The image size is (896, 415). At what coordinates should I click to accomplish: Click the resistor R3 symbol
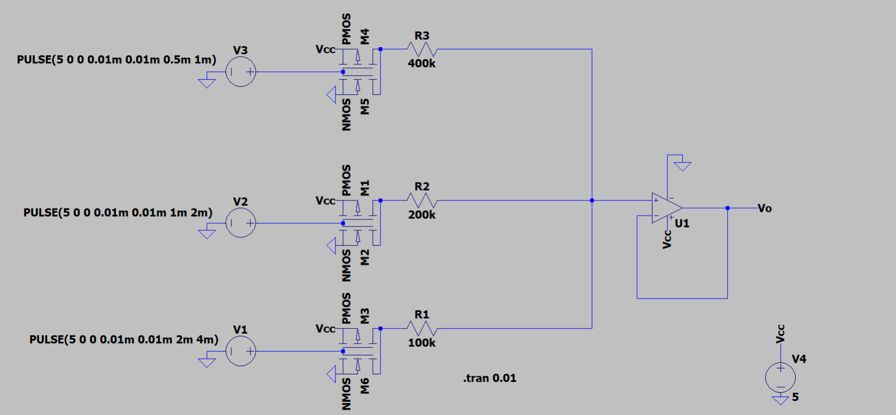(x=422, y=49)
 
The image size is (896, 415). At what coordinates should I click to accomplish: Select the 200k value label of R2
(x=422, y=215)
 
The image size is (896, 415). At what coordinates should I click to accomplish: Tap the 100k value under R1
(x=422, y=342)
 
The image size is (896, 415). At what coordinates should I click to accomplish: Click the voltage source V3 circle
(x=241, y=72)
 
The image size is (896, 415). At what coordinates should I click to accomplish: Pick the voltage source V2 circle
(x=241, y=223)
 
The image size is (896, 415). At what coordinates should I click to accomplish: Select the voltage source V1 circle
(x=241, y=351)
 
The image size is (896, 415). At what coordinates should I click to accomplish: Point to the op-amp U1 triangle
(x=666, y=208)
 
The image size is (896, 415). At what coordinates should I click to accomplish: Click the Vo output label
(x=764, y=209)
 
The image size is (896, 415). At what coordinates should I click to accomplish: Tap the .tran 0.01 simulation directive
(x=489, y=378)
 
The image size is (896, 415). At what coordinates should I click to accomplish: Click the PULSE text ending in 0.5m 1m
(x=117, y=60)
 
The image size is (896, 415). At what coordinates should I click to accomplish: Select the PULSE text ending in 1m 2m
(x=118, y=212)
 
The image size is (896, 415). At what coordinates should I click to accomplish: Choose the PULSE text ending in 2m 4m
(x=124, y=340)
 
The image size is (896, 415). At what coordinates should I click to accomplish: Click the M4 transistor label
(x=365, y=36)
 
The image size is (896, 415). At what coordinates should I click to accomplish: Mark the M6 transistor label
(x=365, y=386)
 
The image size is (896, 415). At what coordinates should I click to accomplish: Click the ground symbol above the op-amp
(x=682, y=166)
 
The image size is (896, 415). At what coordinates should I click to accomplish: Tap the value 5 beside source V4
(x=795, y=397)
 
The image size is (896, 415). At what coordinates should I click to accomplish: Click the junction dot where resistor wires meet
(x=592, y=200)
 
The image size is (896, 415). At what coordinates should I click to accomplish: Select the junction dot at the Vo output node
(x=727, y=208)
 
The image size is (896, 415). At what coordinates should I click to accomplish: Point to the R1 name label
(x=422, y=315)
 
